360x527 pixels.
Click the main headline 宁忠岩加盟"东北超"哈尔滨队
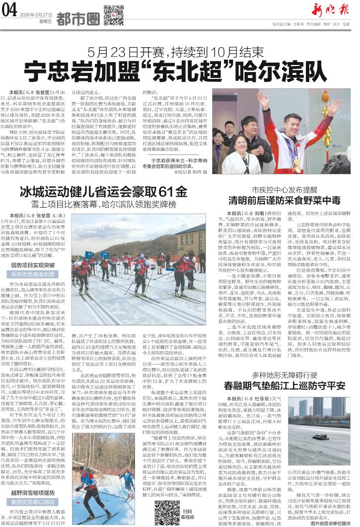179,69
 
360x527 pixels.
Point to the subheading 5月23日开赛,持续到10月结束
179,51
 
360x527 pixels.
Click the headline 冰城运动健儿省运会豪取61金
104,192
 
